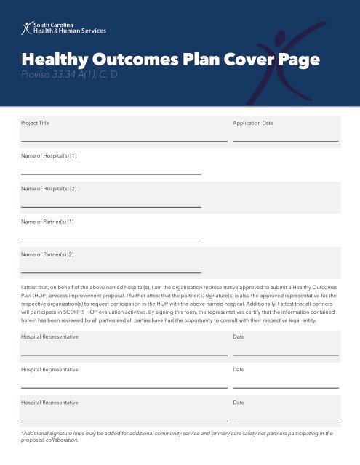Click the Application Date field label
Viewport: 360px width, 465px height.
(253, 124)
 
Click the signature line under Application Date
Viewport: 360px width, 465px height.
(285, 140)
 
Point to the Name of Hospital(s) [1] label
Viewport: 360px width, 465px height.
(49, 156)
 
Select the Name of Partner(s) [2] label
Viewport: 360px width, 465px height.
(47, 254)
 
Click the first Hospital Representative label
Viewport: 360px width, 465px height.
(49, 338)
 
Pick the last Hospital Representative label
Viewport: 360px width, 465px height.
(49, 402)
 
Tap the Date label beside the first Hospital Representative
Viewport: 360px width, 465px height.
(239, 338)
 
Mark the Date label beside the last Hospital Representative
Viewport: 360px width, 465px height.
(239, 402)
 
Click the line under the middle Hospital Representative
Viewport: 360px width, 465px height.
(124, 388)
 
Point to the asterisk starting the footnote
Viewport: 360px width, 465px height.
(23, 432)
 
